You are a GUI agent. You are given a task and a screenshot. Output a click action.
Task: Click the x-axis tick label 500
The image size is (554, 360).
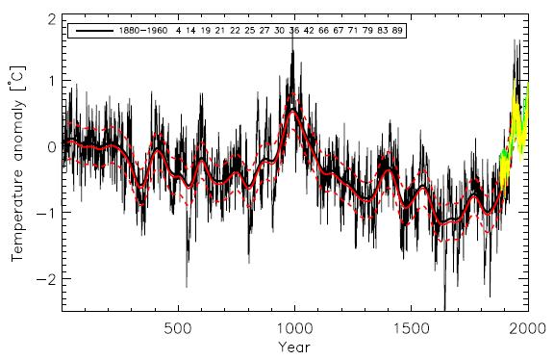click(x=178, y=328)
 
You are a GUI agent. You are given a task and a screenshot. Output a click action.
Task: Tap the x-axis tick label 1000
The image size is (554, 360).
click(x=294, y=328)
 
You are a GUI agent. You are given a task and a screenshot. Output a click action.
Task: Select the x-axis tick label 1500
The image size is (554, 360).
click(x=412, y=328)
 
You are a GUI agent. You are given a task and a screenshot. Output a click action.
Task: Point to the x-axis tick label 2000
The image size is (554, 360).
click(x=527, y=328)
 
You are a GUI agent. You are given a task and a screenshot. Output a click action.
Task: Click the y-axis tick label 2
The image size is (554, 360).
click(x=52, y=20)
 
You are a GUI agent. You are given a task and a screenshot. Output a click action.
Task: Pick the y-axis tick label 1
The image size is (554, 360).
click(x=52, y=81)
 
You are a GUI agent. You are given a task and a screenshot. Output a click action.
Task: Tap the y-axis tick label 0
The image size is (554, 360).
click(x=52, y=147)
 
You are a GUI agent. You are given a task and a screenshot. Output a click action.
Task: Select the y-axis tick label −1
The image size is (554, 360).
click(x=46, y=213)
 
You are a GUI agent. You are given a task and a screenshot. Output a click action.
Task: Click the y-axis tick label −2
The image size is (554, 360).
click(x=46, y=279)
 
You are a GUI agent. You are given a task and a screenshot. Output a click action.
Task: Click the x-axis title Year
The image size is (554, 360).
click(x=294, y=347)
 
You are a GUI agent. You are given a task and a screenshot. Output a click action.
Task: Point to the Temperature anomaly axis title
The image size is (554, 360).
click(x=17, y=164)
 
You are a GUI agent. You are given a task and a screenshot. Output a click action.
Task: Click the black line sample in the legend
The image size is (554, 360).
click(x=94, y=31)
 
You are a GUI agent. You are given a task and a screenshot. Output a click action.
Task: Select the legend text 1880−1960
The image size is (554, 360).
click(x=143, y=31)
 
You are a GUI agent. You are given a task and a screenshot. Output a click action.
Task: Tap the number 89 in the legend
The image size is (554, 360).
click(x=397, y=31)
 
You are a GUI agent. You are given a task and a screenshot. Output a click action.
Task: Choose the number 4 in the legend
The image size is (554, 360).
click(x=179, y=31)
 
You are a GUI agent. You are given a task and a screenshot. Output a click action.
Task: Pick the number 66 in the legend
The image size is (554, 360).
click(x=323, y=31)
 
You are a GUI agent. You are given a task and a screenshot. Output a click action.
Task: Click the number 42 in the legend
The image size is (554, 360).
click(x=309, y=31)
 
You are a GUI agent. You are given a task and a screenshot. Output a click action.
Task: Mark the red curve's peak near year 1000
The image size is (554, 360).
click(x=292, y=111)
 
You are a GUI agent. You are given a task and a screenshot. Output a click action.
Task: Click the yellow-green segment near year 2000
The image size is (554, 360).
click(x=514, y=136)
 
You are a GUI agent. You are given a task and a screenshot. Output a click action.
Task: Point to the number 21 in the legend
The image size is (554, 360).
click(x=219, y=31)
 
